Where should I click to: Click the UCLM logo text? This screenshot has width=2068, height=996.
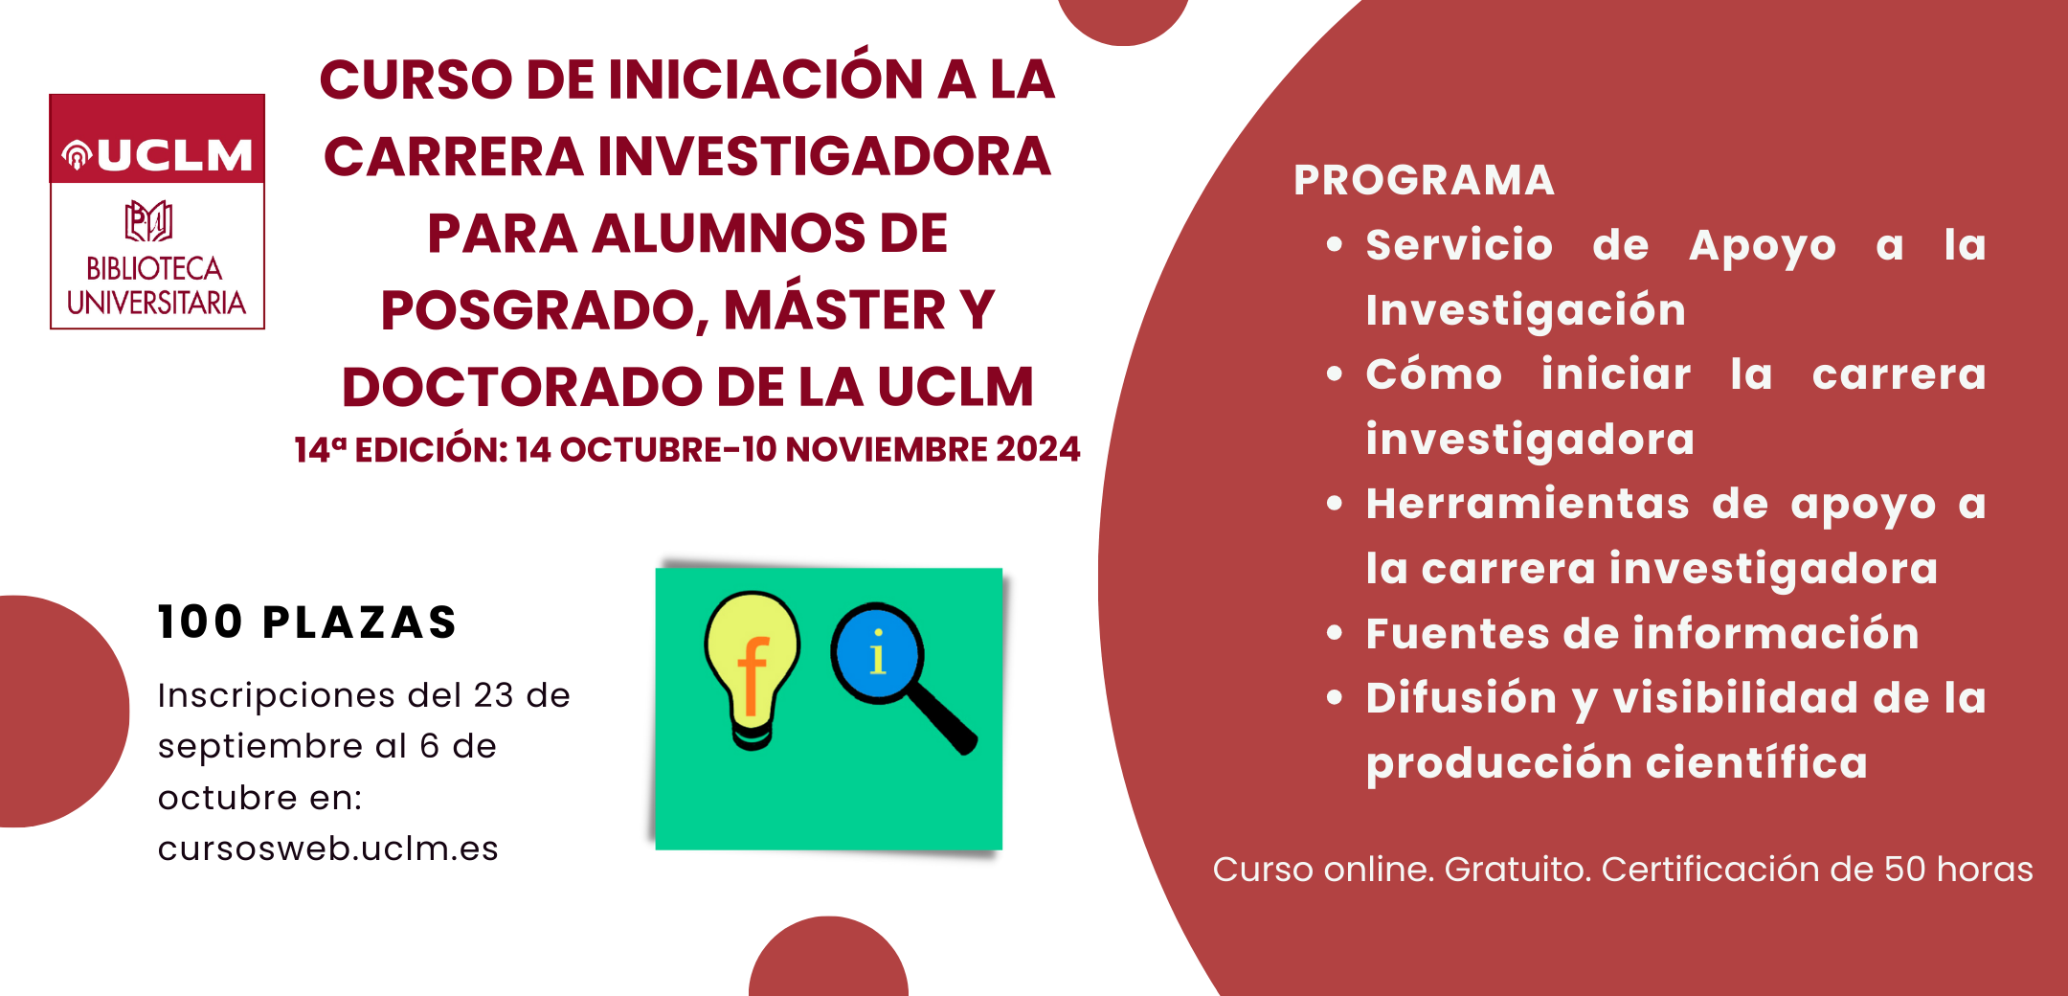point(174,155)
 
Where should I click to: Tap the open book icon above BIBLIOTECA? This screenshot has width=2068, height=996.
point(148,221)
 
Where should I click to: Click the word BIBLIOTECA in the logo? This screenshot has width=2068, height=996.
point(154,268)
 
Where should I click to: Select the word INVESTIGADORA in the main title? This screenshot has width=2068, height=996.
point(825,156)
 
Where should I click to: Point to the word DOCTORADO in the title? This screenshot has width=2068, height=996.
point(523,387)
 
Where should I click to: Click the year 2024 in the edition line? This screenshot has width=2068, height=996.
point(1038,449)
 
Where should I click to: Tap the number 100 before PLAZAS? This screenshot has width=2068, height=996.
point(200,622)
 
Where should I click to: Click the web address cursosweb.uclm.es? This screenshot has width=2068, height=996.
point(328,849)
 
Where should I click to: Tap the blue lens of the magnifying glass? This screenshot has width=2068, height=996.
point(877,655)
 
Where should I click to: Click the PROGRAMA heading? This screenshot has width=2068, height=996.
point(1425,180)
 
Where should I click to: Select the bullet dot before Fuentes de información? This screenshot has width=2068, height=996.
point(1336,632)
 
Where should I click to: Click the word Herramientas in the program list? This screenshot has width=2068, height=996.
point(1528,504)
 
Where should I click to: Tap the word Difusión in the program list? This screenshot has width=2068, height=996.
point(1462,698)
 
